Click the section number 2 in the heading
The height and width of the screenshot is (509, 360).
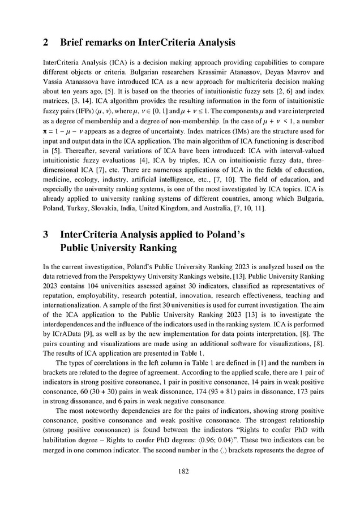tap(45, 41)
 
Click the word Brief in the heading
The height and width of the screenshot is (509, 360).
tap(75, 41)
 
